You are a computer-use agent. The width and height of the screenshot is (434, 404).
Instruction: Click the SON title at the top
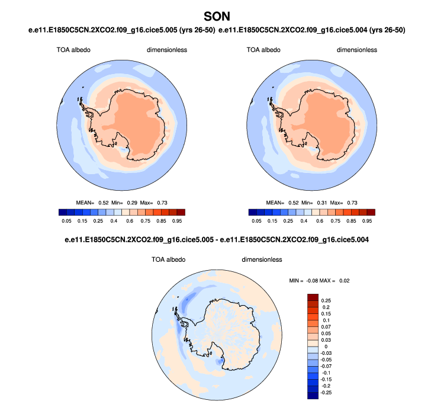(216, 14)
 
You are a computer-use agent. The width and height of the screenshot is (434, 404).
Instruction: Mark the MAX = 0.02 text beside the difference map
(340, 280)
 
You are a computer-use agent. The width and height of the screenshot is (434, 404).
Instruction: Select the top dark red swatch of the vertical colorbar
(313, 297)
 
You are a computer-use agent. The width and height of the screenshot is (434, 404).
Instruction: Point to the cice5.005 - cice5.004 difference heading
(216, 239)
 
